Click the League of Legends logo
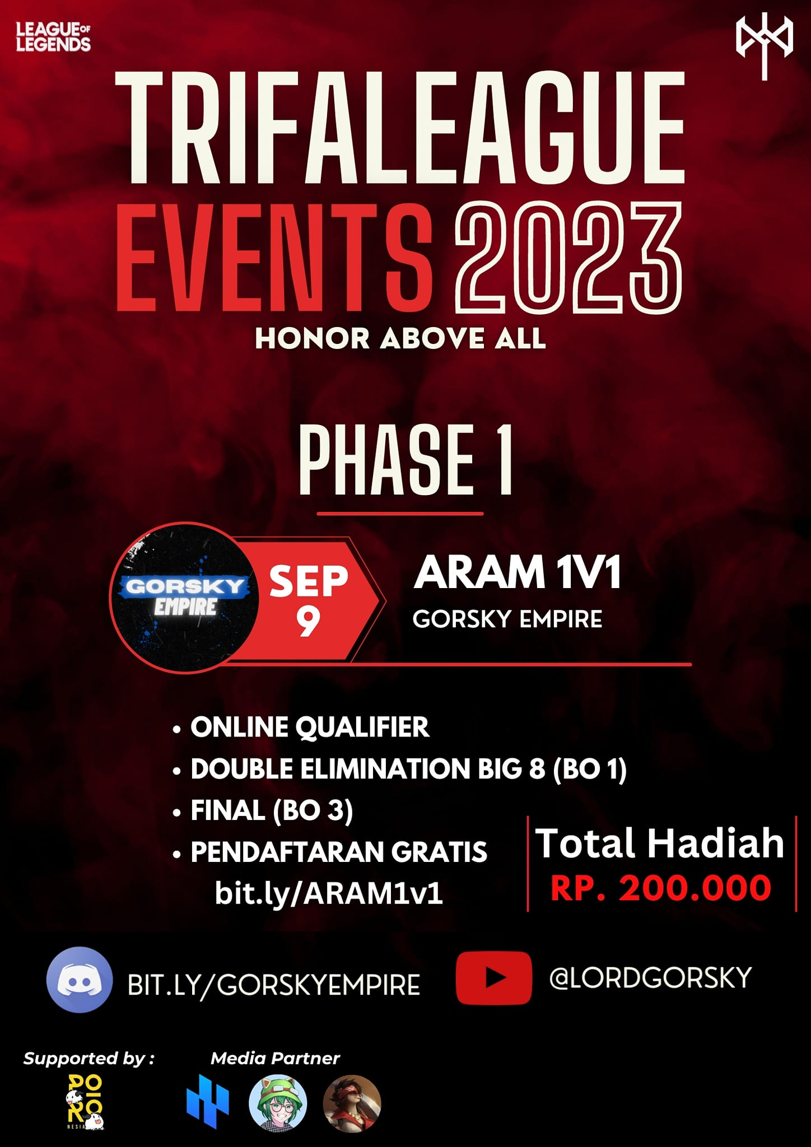(x=53, y=37)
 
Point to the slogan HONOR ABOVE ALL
(x=400, y=338)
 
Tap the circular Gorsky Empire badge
(x=185, y=597)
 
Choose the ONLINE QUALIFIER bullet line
(x=309, y=727)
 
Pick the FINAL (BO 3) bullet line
(x=272, y=810)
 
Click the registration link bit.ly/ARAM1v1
(x=329, y=893)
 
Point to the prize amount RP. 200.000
(x=661, y=888)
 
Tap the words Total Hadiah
(x=660, y=843)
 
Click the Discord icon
(x=80, y=980)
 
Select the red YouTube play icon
(x=493, y=978)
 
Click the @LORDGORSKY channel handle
(x=650, y=978)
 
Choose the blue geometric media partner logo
(x=207, y=1101)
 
